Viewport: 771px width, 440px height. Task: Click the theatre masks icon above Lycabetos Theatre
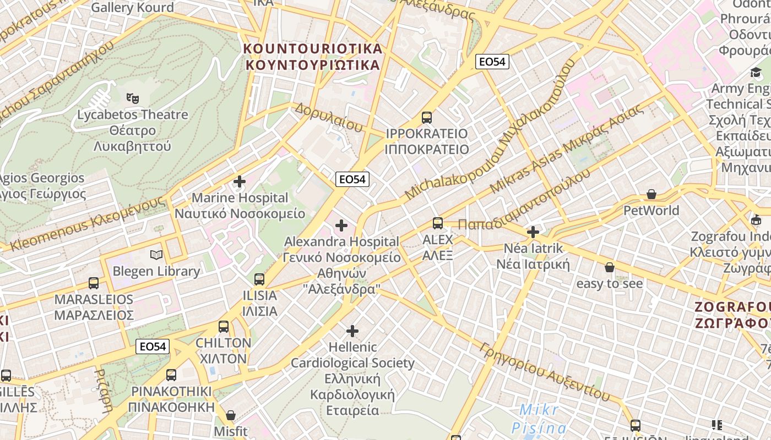click(x=132, y=98)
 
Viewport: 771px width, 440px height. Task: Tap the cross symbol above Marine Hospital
click(x=240, y=181)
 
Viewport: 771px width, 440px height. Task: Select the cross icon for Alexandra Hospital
click(x=341, y=225)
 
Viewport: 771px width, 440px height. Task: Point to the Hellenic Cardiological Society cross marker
click(x=352, y=331)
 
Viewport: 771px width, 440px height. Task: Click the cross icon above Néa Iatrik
click(x=533, y=232)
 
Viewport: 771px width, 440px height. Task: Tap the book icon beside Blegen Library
click(x=156, y=255)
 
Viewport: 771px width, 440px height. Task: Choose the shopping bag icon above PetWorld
click(x=651, y=194)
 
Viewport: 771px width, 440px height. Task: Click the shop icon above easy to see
click(x=609, y=267)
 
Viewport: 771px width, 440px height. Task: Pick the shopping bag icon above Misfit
click(x=231, y=415)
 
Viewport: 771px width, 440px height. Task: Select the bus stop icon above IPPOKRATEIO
click(x=427, y=117)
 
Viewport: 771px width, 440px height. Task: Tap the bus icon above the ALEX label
click(x=438, y=223)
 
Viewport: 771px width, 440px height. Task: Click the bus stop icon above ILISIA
click(x=259, y=279)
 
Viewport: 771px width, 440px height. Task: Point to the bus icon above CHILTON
click(x=224, y=326)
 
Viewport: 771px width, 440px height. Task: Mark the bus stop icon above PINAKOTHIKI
click(x=171, y=375)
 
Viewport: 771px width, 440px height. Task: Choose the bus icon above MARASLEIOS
click(x=94, y=283)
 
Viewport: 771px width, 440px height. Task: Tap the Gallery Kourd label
click(x=132, y=7)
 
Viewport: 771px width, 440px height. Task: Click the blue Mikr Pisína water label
click(x=539, y=419)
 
